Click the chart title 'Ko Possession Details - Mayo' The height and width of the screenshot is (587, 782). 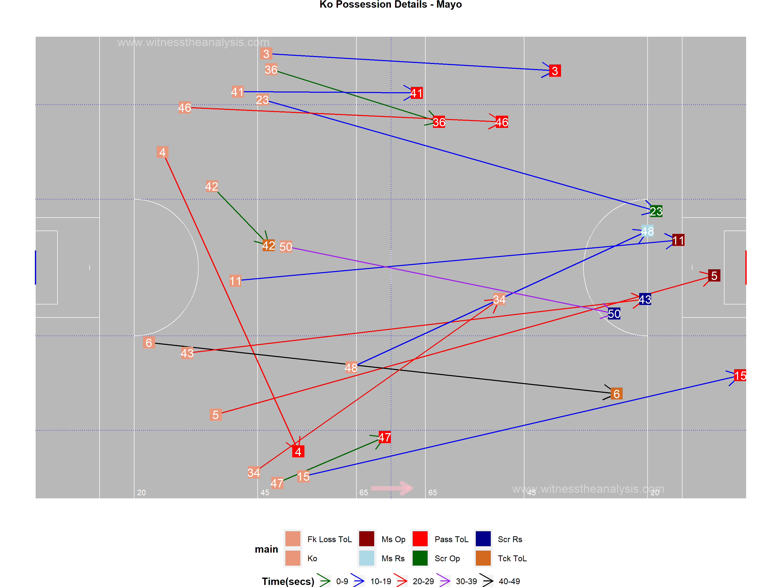pos(391,5)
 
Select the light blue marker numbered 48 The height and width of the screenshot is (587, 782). pos(647,231)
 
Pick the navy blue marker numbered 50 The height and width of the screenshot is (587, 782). pos(614,313)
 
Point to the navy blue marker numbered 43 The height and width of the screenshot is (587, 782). pos(645,299)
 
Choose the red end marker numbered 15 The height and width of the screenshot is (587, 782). pos(740,376)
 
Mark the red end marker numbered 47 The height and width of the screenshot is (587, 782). pos(385,437)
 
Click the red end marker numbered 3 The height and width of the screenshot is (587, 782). pos(555,71)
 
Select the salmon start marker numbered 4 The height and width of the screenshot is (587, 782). pos(162,152)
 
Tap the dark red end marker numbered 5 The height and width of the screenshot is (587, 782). pos(714,276)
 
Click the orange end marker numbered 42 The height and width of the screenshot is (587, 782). pos(269,245)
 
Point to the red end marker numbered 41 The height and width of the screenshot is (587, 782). pos(416,93)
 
